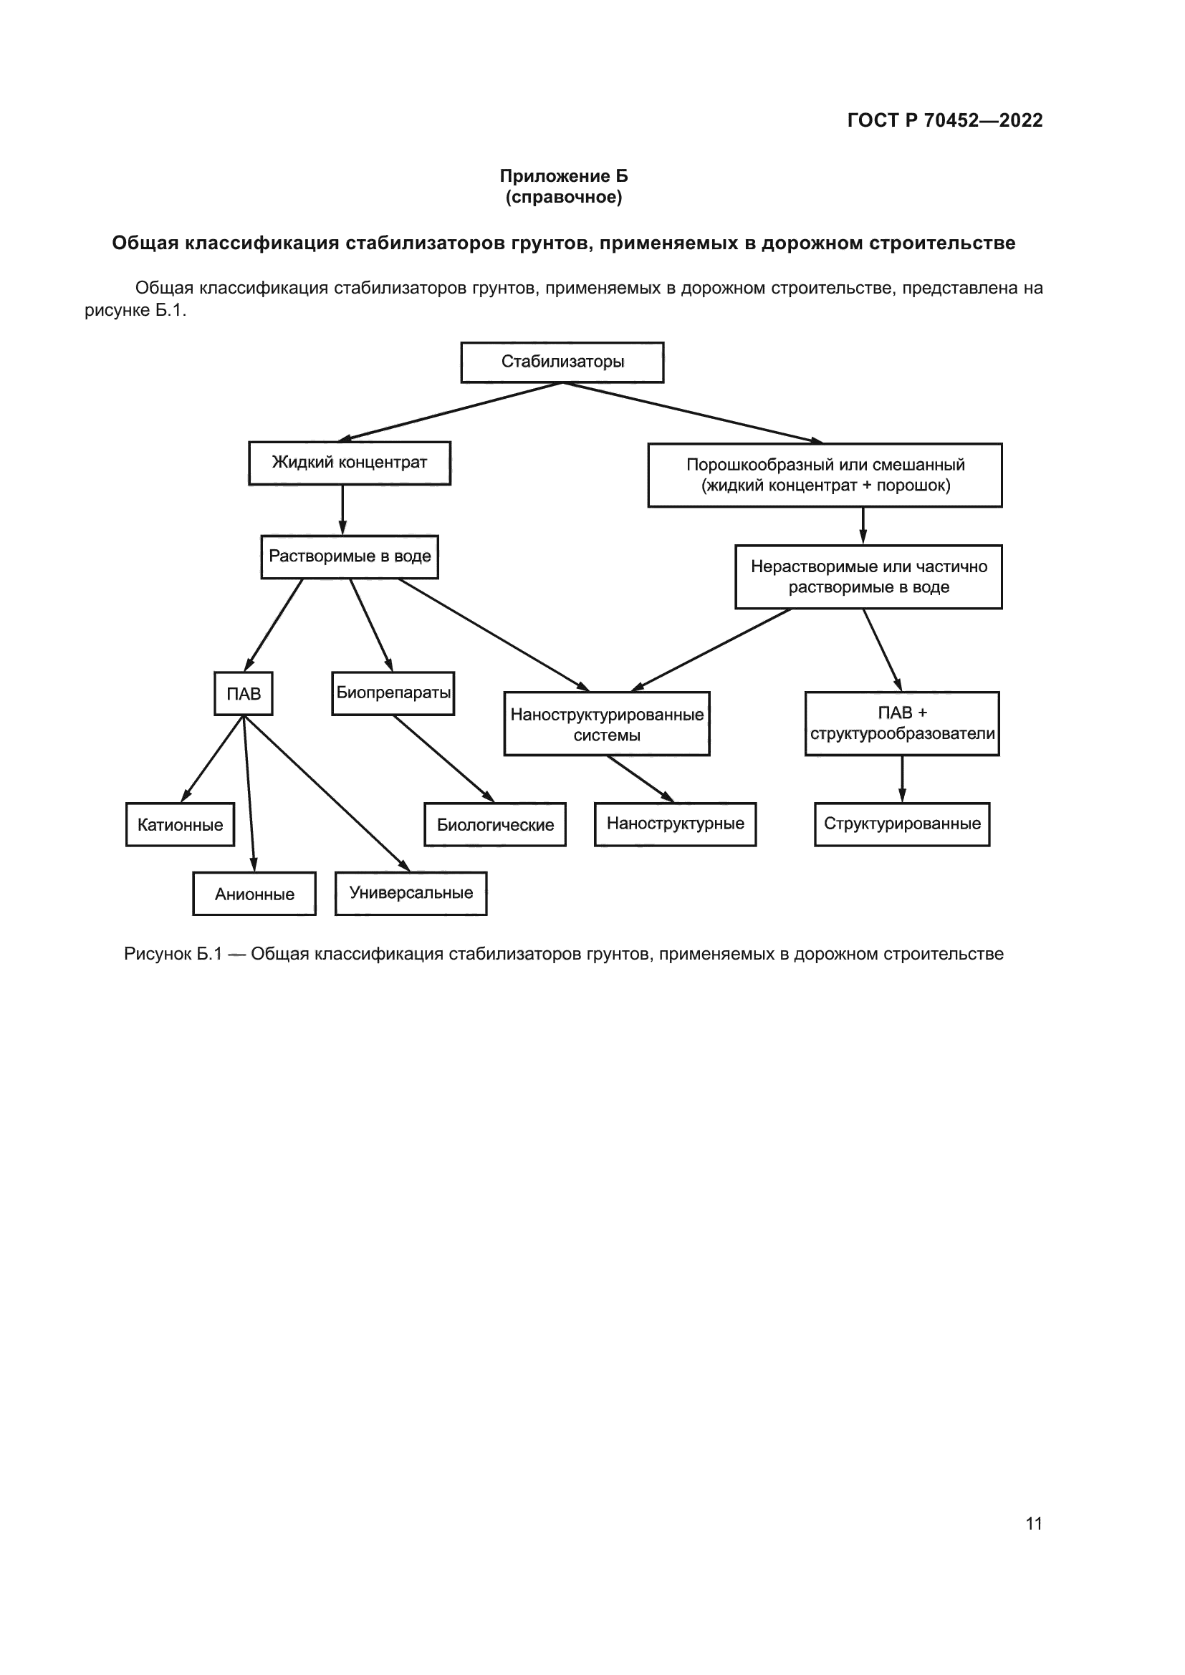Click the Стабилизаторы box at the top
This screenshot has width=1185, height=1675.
coord(562,362)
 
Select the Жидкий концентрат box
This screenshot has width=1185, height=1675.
coord(350,463)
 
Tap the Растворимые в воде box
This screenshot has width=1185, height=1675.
coord(350,556)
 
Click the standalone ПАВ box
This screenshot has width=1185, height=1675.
coord(243,694)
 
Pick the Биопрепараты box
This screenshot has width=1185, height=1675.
coord(393,693)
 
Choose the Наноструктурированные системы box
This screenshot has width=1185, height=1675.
coord(606,724)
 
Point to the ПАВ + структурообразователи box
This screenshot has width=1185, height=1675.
coord(902,724)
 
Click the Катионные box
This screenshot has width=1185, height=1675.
coord(181,825)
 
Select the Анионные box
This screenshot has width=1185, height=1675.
coord(254,894)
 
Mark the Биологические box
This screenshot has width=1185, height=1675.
coord(495,825)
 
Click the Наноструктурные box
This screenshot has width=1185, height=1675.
coord(675,824)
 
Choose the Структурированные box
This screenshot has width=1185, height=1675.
coord(902,824)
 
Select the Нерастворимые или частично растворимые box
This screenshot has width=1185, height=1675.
coord(868,577)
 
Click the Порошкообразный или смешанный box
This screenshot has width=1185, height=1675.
coord(825,475)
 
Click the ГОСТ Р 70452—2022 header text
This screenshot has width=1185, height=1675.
coord(945,120)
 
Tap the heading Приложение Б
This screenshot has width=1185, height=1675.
coord(563,176)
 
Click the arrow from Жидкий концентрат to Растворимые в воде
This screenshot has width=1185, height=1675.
coord(342,510)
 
